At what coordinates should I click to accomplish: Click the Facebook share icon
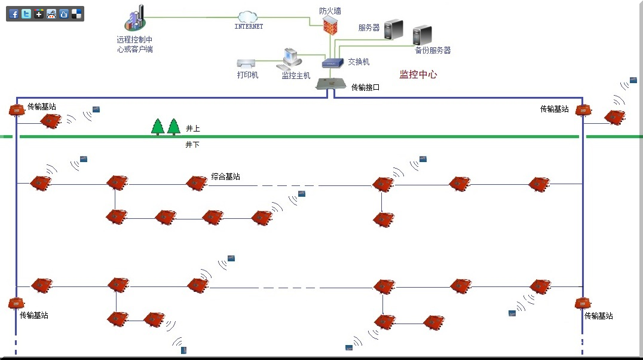click(x=14, y=14)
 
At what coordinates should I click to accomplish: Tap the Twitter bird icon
click(x=26, y=14)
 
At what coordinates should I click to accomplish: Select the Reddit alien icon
click(x=51, y=14)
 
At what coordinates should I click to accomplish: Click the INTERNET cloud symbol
click(x=248, y=17)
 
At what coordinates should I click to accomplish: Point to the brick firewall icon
click(x=330, y=25)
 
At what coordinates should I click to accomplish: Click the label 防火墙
click(x=330, y=10)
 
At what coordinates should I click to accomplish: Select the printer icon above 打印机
click(x=247, y=63)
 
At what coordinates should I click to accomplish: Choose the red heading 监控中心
click(x=418, y=75)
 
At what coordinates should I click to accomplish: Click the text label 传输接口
click(x=365, y=87)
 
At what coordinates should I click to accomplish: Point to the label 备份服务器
click(x=433, y=51)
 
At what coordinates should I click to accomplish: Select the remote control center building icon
click(x=136, y=19)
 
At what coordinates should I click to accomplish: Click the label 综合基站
click(x=226, y=177)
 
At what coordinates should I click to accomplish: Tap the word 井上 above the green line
click(x=192, y=129)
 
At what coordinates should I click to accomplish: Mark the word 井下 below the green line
click(x=192, y=145)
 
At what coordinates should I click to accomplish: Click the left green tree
click(x=158, y=126)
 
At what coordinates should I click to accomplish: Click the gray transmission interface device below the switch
click(x=330, y=84)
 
